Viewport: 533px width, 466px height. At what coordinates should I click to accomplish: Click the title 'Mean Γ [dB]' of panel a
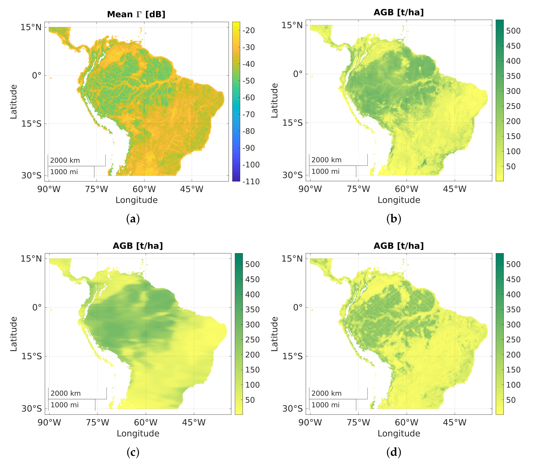(136, 14)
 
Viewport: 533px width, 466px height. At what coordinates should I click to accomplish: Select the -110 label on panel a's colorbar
(251, 181)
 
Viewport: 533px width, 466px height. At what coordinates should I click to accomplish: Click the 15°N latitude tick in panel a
(31, 27)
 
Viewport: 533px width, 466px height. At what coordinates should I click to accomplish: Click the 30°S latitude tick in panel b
(292, 175)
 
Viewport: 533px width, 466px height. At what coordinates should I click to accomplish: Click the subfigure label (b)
(394, 219)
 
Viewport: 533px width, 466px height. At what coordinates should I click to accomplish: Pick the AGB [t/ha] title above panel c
(138, 246)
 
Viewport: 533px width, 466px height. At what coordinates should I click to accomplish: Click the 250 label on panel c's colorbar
(252, 340)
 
